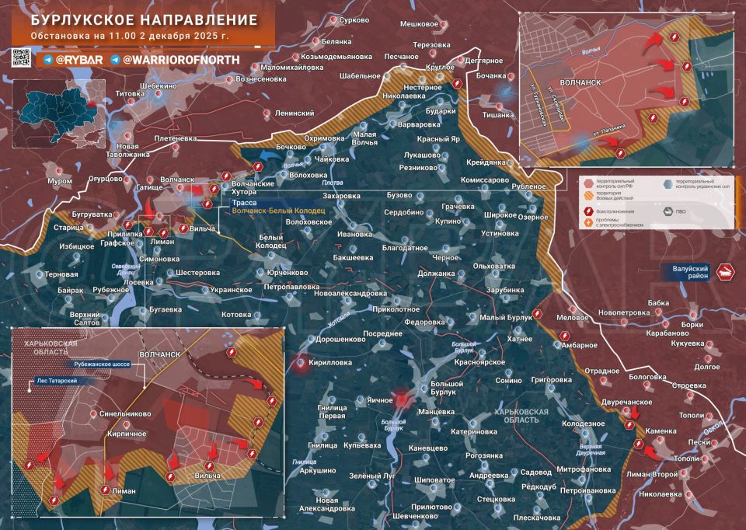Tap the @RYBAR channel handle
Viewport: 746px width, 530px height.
75,59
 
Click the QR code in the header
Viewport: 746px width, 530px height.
22,58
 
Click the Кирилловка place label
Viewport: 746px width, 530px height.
329,362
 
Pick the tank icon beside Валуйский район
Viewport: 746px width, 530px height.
727,272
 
